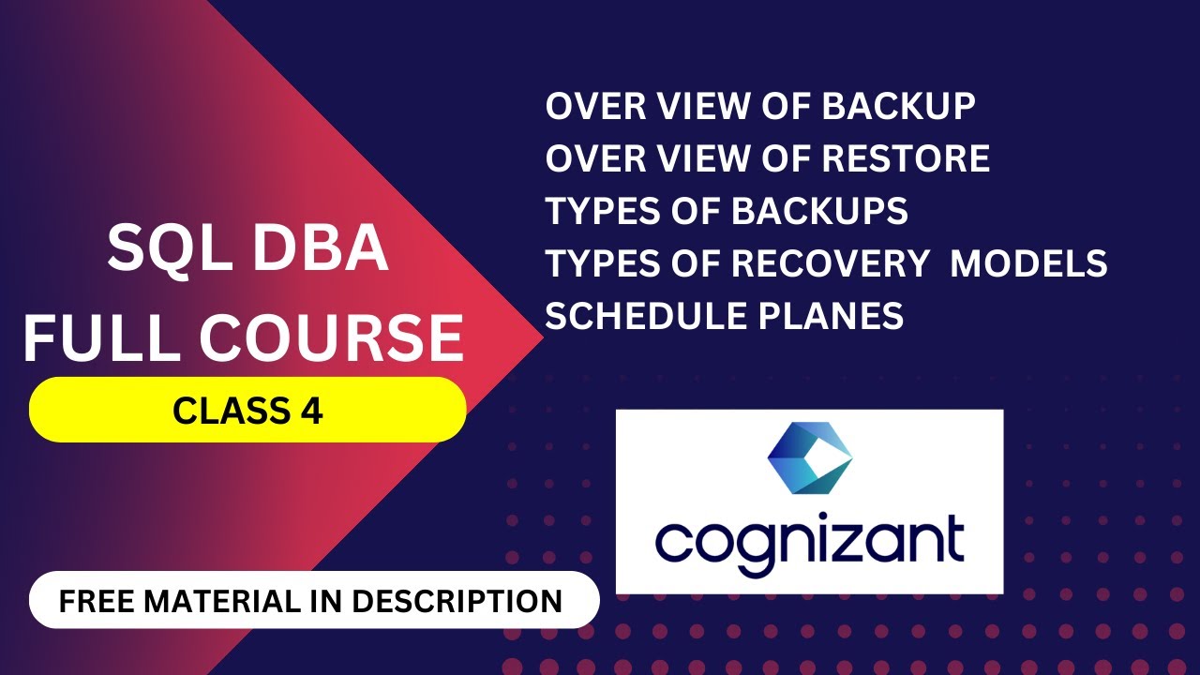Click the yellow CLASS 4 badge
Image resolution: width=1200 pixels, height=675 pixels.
click(247, 410)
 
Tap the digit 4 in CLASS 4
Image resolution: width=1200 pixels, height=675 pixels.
click(314, 411)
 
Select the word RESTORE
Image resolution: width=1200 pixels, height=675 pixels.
click(906, 159)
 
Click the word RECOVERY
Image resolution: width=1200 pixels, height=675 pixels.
click(829, 264)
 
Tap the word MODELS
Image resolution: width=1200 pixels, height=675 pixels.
click(1028, 264)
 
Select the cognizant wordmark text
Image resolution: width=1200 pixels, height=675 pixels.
click(809, 539)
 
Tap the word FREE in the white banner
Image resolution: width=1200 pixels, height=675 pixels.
click(95, 601)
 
